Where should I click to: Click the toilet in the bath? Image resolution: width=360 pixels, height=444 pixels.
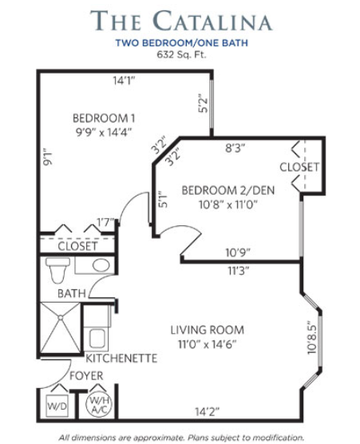57,270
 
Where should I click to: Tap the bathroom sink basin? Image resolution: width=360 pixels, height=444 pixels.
101,265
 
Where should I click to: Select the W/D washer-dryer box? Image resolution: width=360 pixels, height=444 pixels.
57,406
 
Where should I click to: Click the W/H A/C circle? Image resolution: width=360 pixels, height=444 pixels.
99,404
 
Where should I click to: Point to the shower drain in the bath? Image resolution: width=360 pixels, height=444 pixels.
61,318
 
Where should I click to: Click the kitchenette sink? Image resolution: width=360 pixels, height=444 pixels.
98,339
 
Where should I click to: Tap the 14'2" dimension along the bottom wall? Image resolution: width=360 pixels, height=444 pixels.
208,411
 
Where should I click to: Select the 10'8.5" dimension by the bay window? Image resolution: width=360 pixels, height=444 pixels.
311,337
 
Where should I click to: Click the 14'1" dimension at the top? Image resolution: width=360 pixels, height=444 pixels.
124,81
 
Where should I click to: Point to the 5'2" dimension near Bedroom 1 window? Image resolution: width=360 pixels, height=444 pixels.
203,103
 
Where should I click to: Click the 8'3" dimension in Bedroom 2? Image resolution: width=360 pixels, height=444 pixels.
235,148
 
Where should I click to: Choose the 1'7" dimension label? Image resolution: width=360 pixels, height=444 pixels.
105,222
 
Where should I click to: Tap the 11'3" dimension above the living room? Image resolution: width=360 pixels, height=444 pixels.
239,271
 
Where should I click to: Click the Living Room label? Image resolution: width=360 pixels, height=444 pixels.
208,330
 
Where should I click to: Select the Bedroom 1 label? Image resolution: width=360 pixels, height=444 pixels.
104,118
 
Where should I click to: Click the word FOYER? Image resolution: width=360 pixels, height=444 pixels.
86,376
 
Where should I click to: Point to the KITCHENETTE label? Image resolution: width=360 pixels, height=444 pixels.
121,359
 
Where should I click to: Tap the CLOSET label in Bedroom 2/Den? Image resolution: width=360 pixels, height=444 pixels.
299,167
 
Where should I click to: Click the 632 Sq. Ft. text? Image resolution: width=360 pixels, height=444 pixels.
181,54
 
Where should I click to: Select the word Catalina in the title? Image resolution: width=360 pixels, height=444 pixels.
213,21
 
